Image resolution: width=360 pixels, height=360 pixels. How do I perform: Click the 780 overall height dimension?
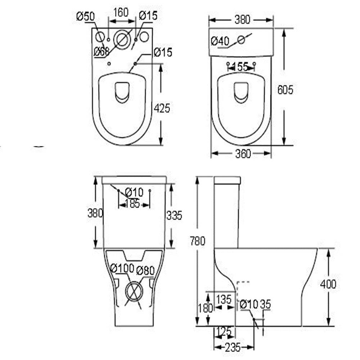(x=197, y=240)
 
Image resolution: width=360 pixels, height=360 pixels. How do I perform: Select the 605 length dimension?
(x=285, y=89)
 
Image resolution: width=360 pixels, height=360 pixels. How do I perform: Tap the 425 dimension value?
(x=162, y=108)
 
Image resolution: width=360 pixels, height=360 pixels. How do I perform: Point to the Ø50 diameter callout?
(x=85, y=16)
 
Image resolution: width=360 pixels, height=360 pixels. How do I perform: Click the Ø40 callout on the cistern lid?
(x=220, y=41)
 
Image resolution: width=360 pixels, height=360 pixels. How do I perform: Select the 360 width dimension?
(x=243, y=154)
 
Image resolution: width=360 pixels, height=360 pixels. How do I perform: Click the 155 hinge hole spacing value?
(x=240, y=67)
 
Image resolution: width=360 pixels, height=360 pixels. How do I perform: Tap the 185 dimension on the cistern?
(x=132, y=204)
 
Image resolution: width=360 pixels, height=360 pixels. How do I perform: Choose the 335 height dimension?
(x=174, y=215)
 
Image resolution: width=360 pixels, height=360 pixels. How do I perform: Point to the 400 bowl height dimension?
(x=328, y=284)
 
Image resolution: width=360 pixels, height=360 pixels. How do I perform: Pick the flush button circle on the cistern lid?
(x=241, y=40)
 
